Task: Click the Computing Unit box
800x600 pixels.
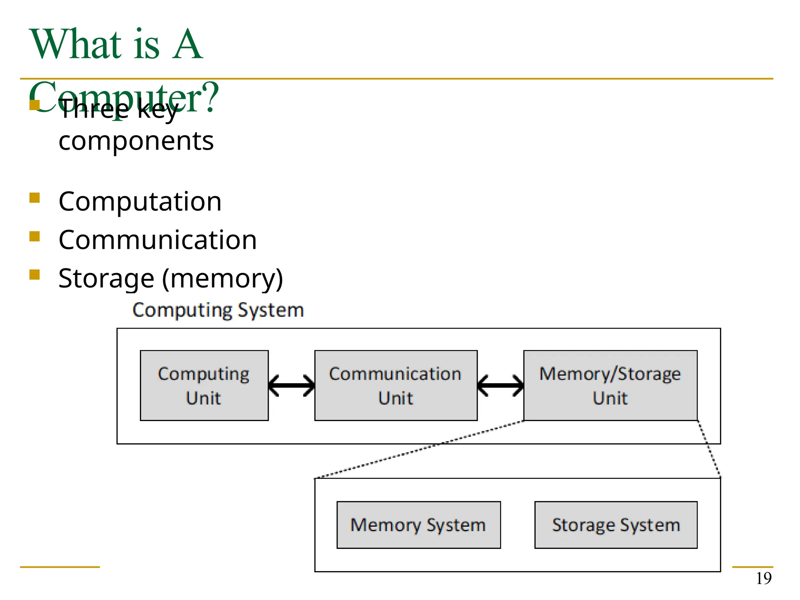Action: [204, 385]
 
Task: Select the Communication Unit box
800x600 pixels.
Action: [396, 385]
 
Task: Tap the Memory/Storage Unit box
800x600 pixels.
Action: [610, 385]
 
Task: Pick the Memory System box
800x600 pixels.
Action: [418, 525]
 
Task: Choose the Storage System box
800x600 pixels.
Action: [616, 525]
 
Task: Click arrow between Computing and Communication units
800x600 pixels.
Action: [291, 386]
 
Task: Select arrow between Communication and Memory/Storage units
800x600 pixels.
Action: [500, 386]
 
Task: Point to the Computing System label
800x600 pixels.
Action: [218, 310]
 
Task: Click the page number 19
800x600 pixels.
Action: [764, 579]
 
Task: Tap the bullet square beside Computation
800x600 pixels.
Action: [34, 198]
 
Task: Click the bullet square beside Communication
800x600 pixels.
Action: [34, 237]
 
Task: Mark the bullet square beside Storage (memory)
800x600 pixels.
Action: [34, 275]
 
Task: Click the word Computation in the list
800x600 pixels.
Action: [140, 202]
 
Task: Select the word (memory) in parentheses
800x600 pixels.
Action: [222, 279]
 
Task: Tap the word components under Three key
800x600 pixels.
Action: [136, 141]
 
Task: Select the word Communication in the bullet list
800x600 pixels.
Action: [157, 240]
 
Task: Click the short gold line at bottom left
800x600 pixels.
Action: [60, 567]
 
